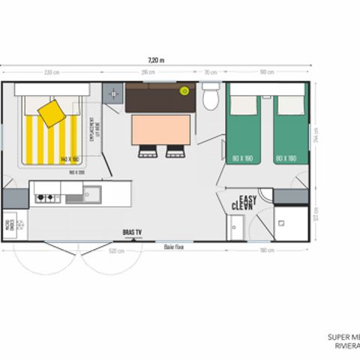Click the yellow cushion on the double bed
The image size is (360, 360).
pos(51,115)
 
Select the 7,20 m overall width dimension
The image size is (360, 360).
pos(155,60)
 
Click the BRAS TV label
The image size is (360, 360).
pos(132,232)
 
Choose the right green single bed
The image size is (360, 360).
pos(288,135)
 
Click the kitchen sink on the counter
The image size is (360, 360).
pos(76,197)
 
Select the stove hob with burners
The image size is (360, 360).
pos(46,198)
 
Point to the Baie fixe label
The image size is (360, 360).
pos(174,245)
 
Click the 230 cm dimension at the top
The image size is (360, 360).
pos(52,73)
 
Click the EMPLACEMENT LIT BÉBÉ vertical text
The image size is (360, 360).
pos(91,132)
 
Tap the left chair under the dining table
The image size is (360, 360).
pos(147,151)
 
